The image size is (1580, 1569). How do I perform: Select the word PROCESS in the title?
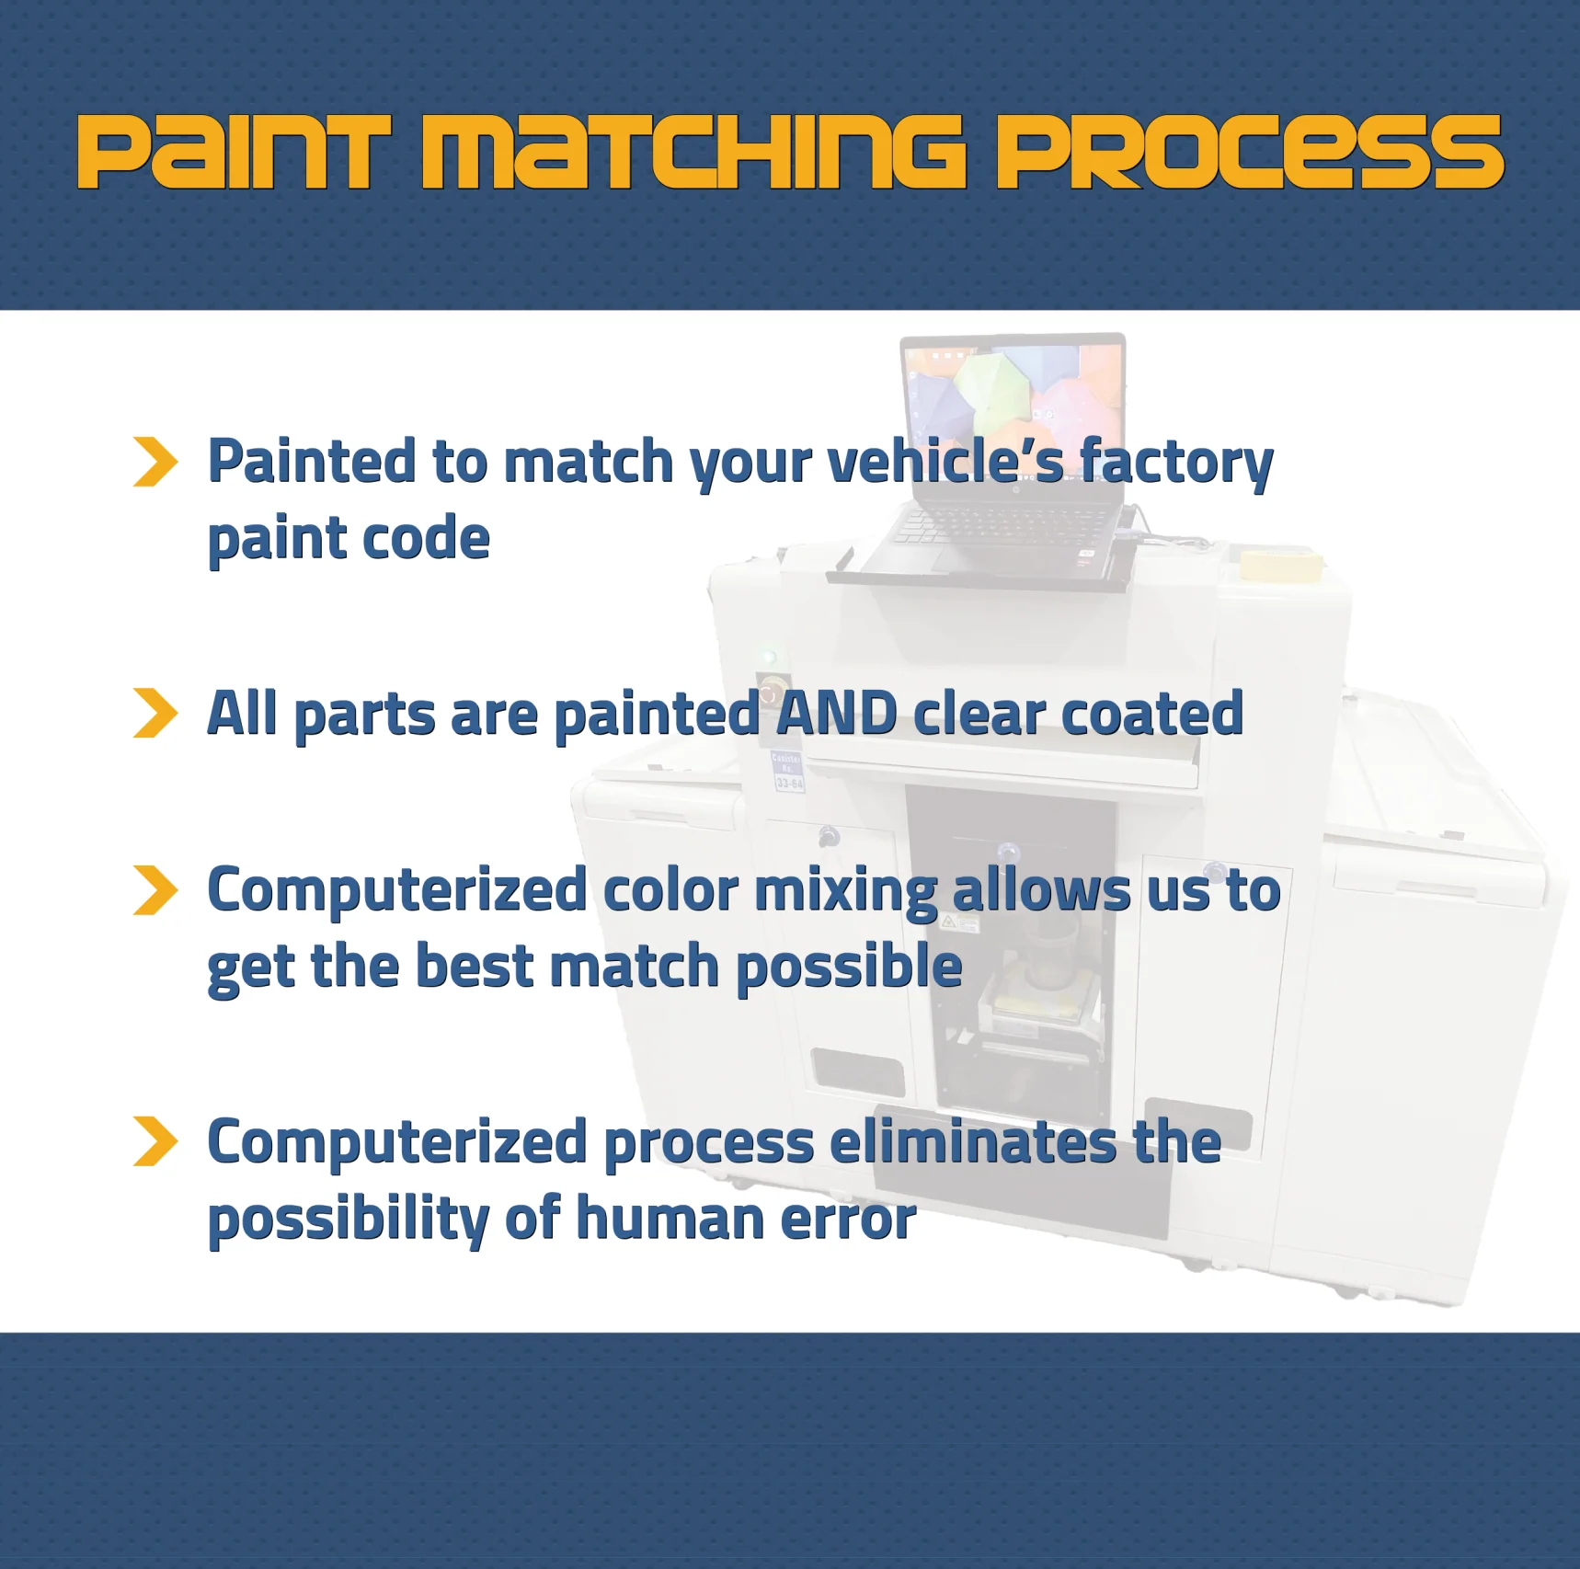click(x=1251, y=153)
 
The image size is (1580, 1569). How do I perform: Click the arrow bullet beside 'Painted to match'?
click(x=155, y=462)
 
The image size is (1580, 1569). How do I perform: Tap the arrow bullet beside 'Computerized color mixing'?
click(x=155, y=890)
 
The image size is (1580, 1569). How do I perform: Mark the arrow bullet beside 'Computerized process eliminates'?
click(x=155, y=1141)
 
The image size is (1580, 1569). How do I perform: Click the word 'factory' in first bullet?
click(x=1176, y=463)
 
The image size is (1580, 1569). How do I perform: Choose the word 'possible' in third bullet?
click(x=849, y=968)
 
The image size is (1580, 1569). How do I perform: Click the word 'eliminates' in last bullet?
click(x=973, y=1141)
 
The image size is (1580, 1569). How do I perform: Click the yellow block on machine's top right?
click(x=1280, y=562)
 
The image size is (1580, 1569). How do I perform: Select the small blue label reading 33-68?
click(x=789, y=783)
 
